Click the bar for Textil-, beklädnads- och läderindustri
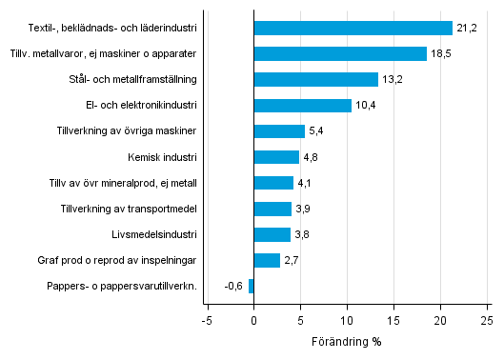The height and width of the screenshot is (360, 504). click(353, 28)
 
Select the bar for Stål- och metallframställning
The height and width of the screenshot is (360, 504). click(315, 79)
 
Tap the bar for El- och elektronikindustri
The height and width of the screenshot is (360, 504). click(302, 105)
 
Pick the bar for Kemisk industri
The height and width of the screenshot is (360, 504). click(276, 157)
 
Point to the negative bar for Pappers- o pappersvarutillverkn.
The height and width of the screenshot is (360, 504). click(251, 286)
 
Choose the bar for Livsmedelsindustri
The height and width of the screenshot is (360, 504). click(272, 234)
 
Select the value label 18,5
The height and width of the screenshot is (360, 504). click(440, 53)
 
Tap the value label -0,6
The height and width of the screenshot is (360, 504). click(233, 286)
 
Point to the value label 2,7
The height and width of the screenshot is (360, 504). click(292, 260)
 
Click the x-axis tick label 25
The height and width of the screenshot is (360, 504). click(485, 320)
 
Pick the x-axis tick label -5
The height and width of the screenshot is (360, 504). click(206, 320)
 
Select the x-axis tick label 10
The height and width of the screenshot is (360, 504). click(346, 320)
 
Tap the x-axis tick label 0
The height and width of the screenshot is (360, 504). click(253, 320)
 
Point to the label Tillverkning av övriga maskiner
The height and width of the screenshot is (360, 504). click(127, 131)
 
